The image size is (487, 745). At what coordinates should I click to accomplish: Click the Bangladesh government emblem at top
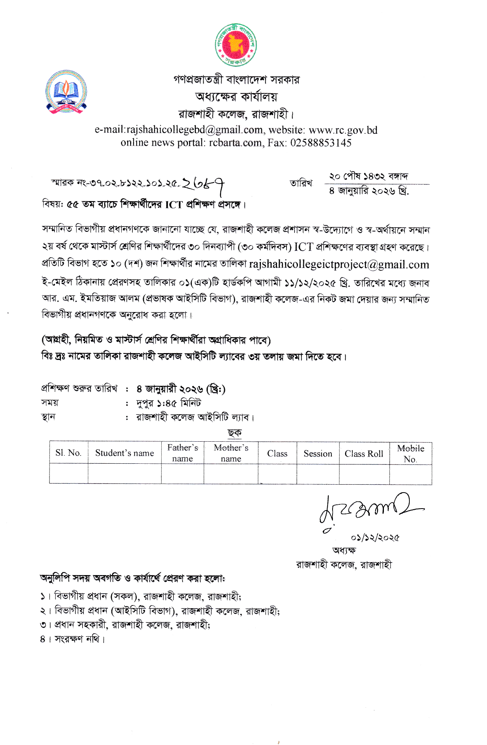click(236, 45)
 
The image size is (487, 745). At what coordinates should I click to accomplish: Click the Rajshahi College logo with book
click(67, 92)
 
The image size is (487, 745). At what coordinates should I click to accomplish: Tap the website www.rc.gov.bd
click(343, 130)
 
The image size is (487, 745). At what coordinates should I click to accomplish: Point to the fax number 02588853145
click(321, 143)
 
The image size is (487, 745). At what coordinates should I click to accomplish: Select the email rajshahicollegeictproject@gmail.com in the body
click(339, 265)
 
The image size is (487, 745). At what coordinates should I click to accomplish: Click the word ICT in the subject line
click(174, 205)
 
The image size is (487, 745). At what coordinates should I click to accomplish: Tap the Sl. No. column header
click(68, 453)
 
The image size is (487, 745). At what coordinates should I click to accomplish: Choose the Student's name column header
click(124, 453)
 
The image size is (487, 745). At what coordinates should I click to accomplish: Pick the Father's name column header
click(183, 453)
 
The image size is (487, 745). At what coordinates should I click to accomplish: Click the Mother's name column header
click(231, 453)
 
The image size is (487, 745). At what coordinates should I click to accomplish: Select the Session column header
click(318, 453)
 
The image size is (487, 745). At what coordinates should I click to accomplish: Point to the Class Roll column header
click(364, 454)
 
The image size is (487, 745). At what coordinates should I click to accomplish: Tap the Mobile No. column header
click(411, 453)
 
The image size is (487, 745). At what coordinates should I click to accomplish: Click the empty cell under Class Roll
click(364, 474)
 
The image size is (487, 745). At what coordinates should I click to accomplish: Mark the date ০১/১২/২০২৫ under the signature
click(375, 538)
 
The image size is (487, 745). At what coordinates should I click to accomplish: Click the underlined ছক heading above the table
click(234, 433)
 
